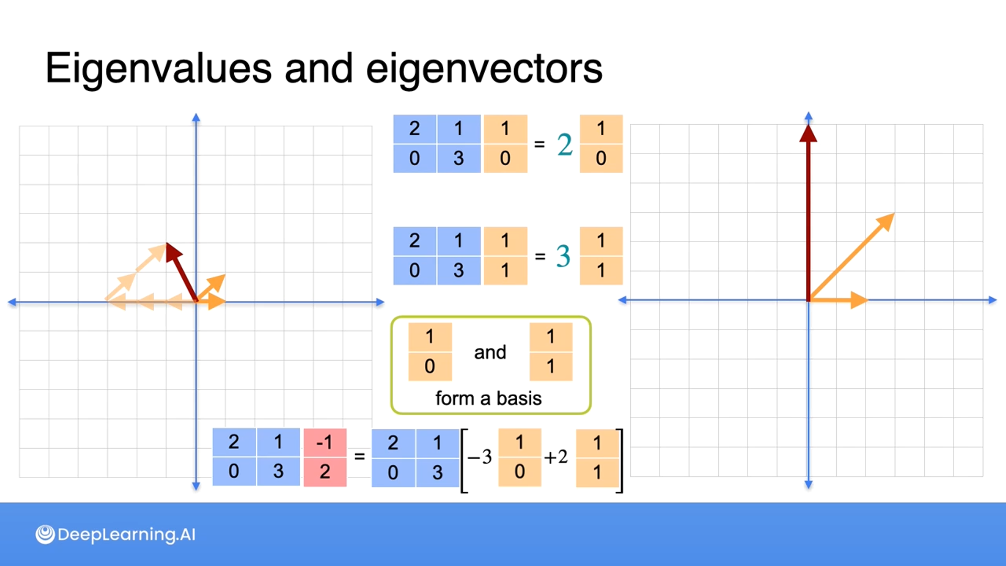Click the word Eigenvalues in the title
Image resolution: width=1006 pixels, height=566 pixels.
click(x=158, y=69)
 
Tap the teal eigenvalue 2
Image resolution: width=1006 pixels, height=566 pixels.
click(x=564, y=145)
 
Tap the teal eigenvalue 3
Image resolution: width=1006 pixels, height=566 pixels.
click(x=563, y=256)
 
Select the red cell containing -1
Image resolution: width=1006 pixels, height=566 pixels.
click(x=325, y=443)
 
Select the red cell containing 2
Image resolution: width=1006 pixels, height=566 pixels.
click(x=325, y=472)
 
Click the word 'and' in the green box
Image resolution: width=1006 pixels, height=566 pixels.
click(x=490, y=352)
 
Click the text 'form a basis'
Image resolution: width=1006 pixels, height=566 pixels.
click(x=488, y=398)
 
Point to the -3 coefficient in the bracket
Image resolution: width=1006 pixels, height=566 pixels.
click(x=480, y=457)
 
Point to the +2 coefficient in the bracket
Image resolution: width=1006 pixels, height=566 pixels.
click(x=556, y=457)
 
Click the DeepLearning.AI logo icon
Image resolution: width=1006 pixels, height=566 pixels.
click(x=45, y=535)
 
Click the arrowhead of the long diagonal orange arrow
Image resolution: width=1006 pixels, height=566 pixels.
click(x=887, y=220)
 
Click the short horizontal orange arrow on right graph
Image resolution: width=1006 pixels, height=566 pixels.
click(x=838, y=300)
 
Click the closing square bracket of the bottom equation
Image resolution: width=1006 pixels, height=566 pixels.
click(x=620, y=461)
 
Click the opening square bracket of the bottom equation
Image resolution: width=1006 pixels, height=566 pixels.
click(x=464, y=461)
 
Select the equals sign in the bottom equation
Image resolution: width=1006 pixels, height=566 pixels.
click(x=359, y=457)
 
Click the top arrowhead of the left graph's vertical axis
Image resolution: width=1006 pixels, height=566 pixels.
click(x=196, y=117)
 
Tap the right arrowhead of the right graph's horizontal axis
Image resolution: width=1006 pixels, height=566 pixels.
click(x=992, y=300)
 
